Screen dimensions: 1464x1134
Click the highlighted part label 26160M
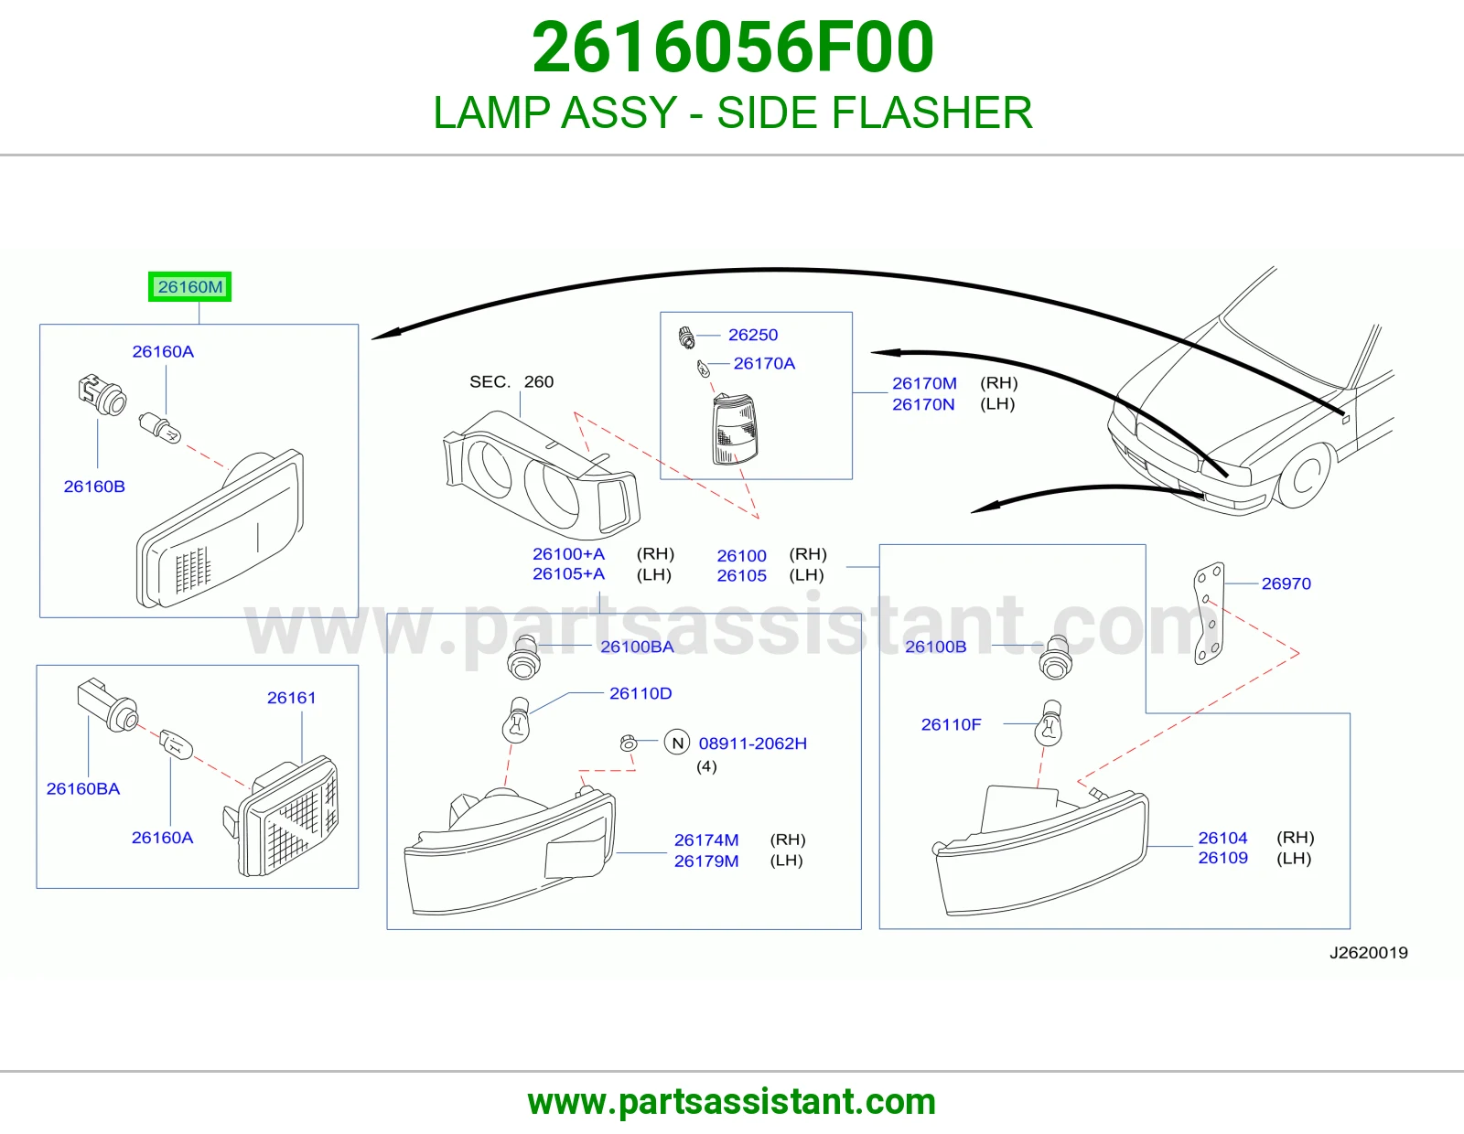click(190, 287)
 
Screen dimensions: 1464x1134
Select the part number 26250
click(752, 335)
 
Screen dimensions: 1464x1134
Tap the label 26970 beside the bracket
click(1286, 583)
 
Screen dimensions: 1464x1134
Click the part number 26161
click(291, 698)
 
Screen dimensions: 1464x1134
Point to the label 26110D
click(640, 693)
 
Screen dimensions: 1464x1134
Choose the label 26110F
click(951, 724)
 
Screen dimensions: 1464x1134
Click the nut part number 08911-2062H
click(752, 744)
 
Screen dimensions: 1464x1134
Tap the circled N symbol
click(677, 743)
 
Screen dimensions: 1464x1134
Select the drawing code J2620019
click(1368, 952)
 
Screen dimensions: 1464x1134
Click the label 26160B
click(94, 487)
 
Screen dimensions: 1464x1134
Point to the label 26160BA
click(83, 788)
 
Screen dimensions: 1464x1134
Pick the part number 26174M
click(706, 840)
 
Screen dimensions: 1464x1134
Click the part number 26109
click(1222, 858)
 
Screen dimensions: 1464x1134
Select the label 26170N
click(923, 404)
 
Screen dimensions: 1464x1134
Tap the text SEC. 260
click(511, 382)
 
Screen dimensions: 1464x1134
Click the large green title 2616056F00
click(732, 47)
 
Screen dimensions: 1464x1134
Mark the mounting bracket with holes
click(1210, 614)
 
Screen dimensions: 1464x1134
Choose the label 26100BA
click(637, 647)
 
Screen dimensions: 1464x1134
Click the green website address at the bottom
click(732, 1102)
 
